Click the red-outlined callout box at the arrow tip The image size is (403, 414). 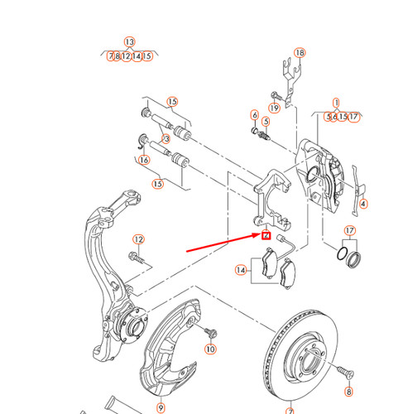tap(266, 236)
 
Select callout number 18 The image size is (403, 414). tap(300, 52)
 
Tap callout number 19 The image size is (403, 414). tap(274, 108)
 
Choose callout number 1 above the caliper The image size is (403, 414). tap(337, 103)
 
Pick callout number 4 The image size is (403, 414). tap(364, 204)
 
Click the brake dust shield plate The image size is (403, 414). tap(170, 348)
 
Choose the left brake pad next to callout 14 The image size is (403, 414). tap(268, 266)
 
